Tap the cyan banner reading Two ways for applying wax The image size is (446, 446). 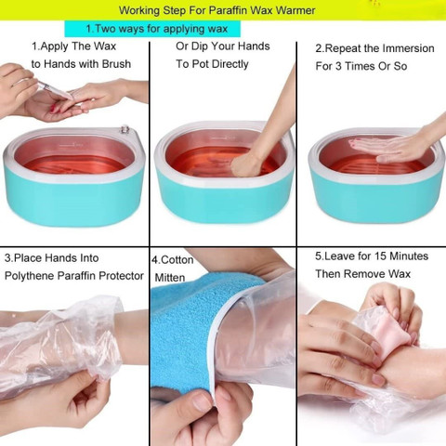(x=152, y=29)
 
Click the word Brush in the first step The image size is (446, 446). (x=116, y=64)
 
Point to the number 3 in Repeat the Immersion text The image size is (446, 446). (x=337, y=66)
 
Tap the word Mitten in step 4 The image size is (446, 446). (x=170, y=278)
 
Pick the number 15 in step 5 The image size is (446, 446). (x=380, y=256)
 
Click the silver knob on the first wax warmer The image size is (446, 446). (x=125, y=129)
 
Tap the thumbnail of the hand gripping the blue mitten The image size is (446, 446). (x=202, y=400)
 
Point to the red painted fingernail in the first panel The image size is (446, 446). (x=54, y=108)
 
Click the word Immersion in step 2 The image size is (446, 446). (x=408, y=48)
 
